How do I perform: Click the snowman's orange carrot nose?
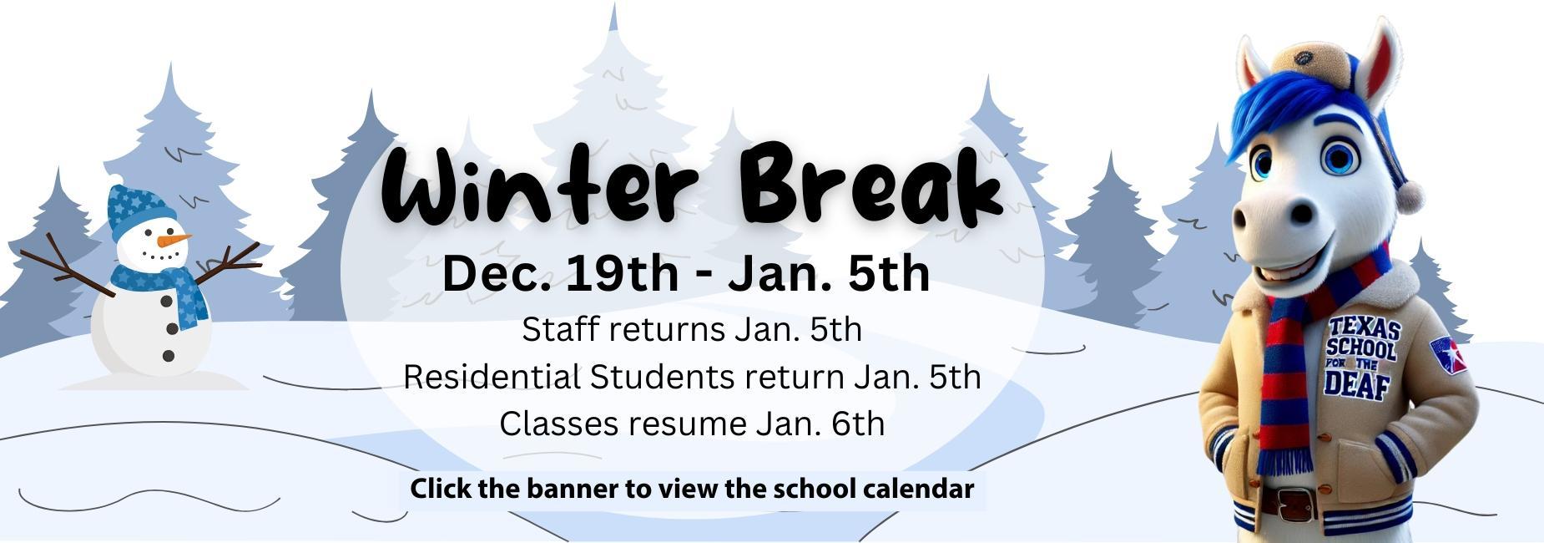pyautogui.click(x=174, y=241)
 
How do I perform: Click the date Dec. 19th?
pyautogui.click(x=560, y=273)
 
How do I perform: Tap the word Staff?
pyautogui.click(x=561, y=329)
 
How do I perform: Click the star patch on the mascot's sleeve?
pyautogui.click(x=1449, y=356)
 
